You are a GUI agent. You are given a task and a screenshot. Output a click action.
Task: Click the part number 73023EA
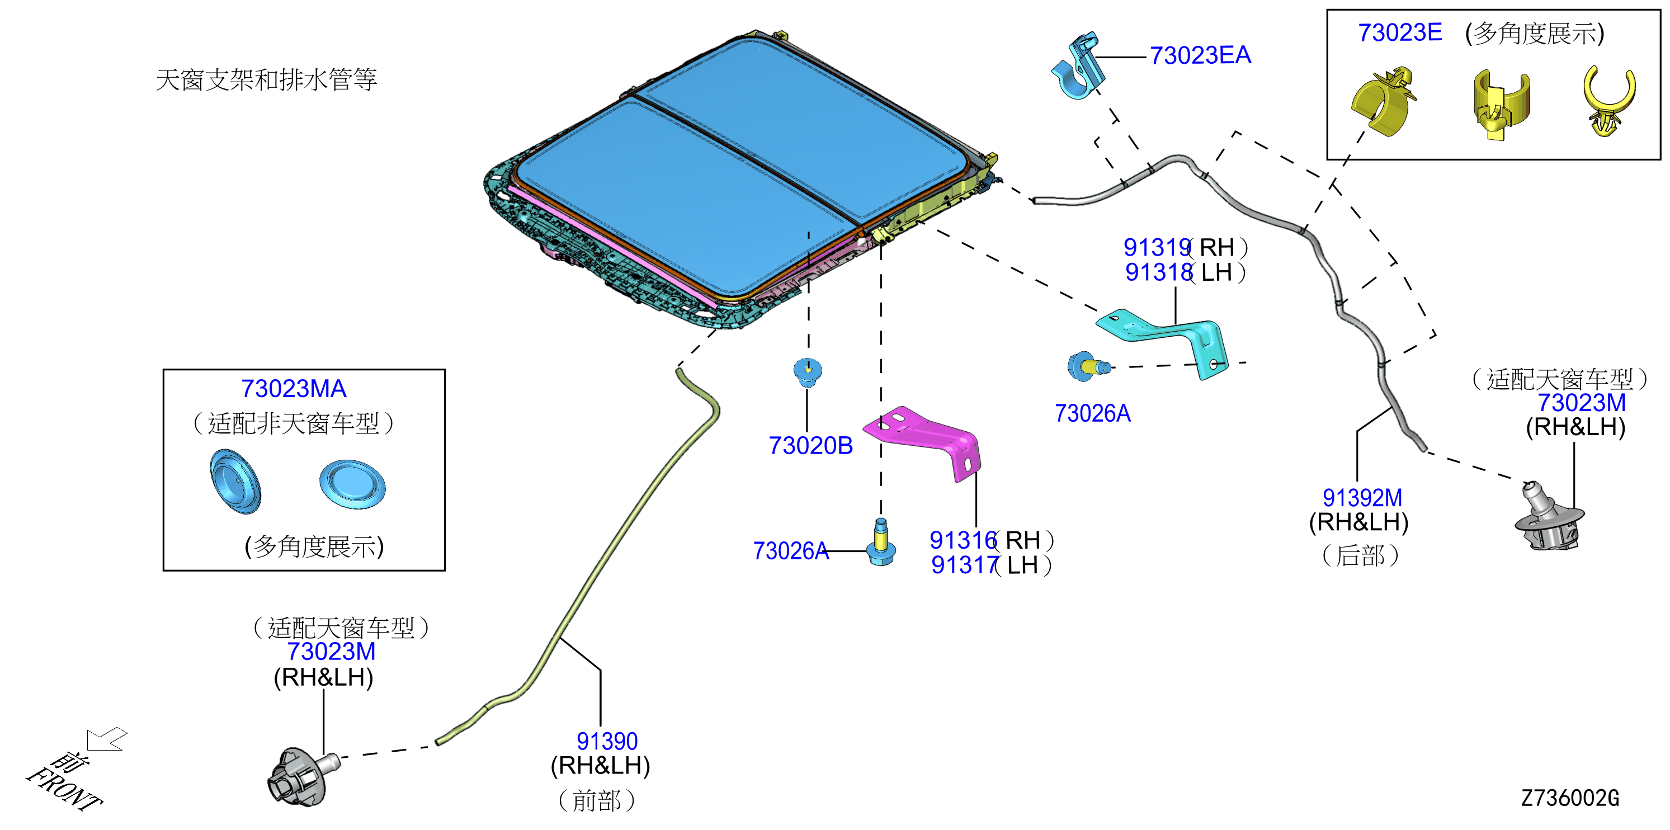pyautogui.click(x=1200, y=56)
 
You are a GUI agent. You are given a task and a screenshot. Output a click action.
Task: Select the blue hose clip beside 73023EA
pyautogui.click(x=1078, y=65)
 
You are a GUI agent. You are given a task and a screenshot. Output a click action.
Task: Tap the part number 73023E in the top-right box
pyautogui.click(x=1400, y=32)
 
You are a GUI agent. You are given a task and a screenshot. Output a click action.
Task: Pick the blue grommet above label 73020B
pyautogui.click(x=808, y=371)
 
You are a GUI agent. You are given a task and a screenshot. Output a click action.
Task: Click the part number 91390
pyautogui.click(x=607, y=741)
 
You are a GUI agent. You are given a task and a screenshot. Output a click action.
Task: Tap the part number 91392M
pyautogui.click(x=1362, y=498)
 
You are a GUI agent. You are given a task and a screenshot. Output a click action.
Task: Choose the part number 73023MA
pyautogui.click(x=294, y=389)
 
